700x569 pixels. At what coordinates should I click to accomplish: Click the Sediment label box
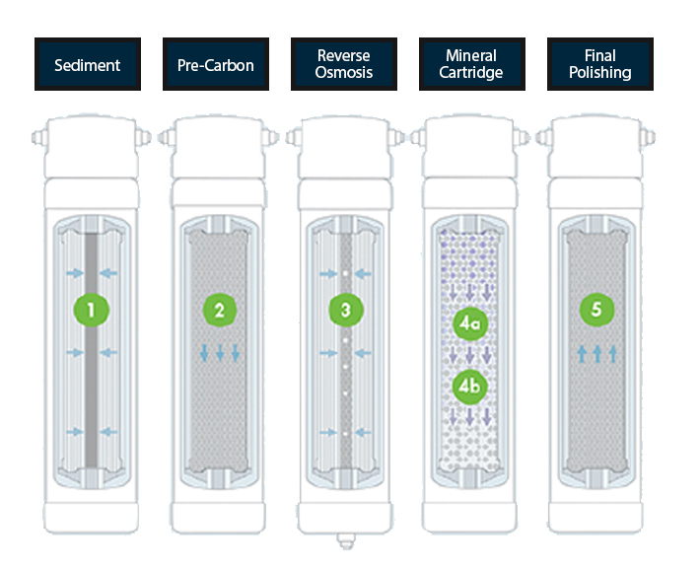88,65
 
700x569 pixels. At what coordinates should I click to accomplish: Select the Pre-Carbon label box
216,65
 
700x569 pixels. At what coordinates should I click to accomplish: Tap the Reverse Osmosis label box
344,65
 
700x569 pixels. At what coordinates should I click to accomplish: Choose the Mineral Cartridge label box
471,65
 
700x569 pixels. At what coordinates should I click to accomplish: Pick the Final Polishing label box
599,65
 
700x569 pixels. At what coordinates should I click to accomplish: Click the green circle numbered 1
91,311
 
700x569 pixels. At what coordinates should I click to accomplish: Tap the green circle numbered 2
220,311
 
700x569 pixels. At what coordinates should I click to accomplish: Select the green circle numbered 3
345,311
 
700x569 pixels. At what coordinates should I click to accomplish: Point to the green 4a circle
469,322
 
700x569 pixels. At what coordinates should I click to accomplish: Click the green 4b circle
469,387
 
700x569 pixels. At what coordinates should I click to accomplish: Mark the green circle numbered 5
596,310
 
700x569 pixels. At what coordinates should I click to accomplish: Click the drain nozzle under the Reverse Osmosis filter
345,540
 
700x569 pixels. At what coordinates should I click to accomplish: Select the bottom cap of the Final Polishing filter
600,515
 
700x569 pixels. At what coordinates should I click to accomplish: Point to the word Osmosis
344,74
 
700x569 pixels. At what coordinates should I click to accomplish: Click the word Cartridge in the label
471,74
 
